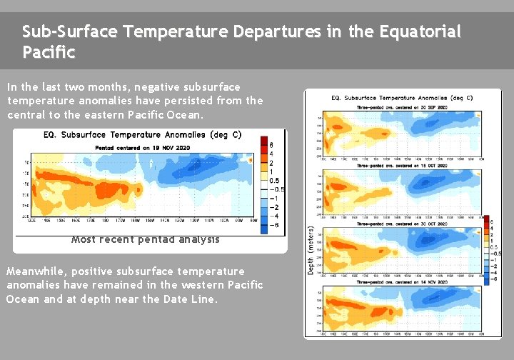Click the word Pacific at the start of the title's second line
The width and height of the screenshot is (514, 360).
click(x=49, y=53)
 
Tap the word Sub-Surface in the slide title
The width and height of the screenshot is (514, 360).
click(x=69, y=32)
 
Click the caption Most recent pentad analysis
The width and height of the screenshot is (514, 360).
click(x=146, y=239)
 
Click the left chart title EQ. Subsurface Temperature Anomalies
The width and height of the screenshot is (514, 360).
click(x=143, y=134)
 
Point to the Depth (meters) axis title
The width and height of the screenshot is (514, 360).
click(x=311, y=249)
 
